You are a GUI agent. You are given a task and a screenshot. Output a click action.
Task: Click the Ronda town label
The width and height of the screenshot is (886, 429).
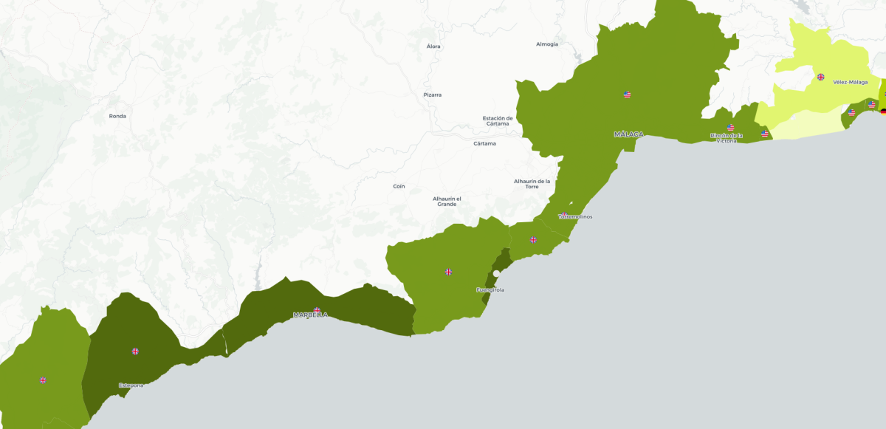pos(117,116)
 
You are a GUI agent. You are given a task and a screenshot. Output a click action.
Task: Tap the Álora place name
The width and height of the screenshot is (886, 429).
pos(433,47)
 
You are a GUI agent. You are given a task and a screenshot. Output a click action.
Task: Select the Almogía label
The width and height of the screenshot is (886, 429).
pos(547,44)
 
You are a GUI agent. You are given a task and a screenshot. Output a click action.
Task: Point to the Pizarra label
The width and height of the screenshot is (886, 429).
pos(433,95)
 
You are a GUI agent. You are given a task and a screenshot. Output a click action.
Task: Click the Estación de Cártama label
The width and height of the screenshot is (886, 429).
pos(498,120)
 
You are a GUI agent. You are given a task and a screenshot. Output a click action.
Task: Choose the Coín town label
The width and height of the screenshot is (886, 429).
pos(399,186)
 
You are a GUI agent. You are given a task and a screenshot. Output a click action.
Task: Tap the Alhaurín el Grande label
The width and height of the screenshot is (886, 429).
pos(447,201)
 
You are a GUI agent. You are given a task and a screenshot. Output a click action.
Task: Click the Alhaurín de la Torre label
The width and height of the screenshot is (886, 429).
pos(532,183)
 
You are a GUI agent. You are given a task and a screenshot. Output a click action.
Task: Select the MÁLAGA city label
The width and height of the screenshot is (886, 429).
pos(628,134)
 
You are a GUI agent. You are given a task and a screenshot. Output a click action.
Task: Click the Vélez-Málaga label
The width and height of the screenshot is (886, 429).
pos(850,82)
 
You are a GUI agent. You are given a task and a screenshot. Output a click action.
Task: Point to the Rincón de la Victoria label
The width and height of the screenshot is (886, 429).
pos(726,137)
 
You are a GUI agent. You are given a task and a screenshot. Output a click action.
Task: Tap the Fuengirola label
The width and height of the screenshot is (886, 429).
pos(490,289)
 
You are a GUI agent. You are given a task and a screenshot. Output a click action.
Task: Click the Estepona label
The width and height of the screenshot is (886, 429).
pos(131,385)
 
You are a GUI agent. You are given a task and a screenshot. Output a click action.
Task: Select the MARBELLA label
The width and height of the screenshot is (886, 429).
pos(310,315)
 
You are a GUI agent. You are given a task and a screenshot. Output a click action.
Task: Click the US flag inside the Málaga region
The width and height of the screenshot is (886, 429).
pos(627,95)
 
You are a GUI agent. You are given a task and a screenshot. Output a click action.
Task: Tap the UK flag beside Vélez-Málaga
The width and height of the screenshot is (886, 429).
pos(820,77)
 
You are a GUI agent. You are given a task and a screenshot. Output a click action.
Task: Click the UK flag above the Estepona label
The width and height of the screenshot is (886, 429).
pos(135,351)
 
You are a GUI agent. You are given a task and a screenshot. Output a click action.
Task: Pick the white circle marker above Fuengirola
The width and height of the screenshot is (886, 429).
pos(497,273)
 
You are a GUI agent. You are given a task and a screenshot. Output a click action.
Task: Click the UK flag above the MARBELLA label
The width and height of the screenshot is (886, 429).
pos(317,310)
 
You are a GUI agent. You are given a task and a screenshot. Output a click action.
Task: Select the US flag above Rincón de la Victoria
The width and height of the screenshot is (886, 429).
pos(730,127)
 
